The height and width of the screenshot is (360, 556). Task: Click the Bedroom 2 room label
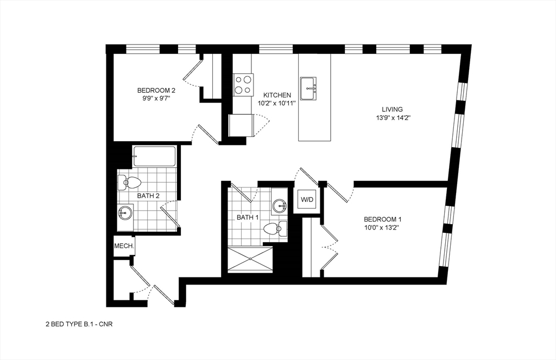tap(156, 90)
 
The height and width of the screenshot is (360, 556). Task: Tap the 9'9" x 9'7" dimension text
tap(156, 99)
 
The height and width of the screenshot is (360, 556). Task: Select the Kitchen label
tap(277, 95)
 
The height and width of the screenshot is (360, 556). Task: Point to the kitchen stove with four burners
tap(243, 84)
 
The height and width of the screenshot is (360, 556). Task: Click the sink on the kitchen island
tap(310, 88)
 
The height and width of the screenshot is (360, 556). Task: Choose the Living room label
tap(392, 109)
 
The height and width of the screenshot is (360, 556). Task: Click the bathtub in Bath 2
tap(155, 156)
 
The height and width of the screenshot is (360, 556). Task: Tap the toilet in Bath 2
tap(129, 182)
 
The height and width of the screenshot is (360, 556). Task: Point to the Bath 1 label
tap(248, 218)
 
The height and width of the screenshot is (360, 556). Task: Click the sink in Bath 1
tap(280, 205)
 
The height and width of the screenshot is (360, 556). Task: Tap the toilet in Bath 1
tap(276, 228)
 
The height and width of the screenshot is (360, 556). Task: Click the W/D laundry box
tap(307, 200)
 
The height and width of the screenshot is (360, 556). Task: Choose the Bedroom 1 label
tap(383, 219)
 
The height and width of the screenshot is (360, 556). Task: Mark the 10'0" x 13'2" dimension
tap(383, 228)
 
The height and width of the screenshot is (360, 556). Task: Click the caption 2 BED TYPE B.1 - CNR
tap(78, 324)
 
